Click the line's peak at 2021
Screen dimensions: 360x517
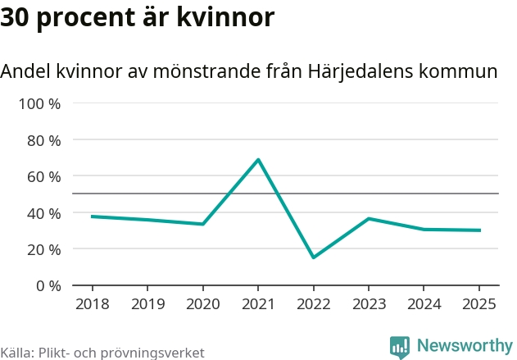pos(258,159)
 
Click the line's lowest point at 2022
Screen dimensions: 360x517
pos(313,257)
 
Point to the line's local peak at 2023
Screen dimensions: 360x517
pos(369,218)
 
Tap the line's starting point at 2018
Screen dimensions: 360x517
pos(93,216)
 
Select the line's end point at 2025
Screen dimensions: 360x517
pos(479,230)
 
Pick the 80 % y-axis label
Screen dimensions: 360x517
pos(43,140)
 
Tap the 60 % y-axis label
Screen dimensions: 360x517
pos(43,176)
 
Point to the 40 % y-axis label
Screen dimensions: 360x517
pos(43,213)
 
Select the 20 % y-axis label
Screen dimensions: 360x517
pos(43,249)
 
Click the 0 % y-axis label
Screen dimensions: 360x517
pos(48,285)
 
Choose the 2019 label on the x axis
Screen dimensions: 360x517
pos(147,305)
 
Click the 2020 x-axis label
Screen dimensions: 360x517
pos(202,305)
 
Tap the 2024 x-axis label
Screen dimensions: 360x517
pos(424,305)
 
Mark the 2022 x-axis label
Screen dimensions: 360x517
pos(313,305)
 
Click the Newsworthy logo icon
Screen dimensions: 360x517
pos(400,346)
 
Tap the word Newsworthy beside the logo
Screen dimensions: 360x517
pos(464,346)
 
